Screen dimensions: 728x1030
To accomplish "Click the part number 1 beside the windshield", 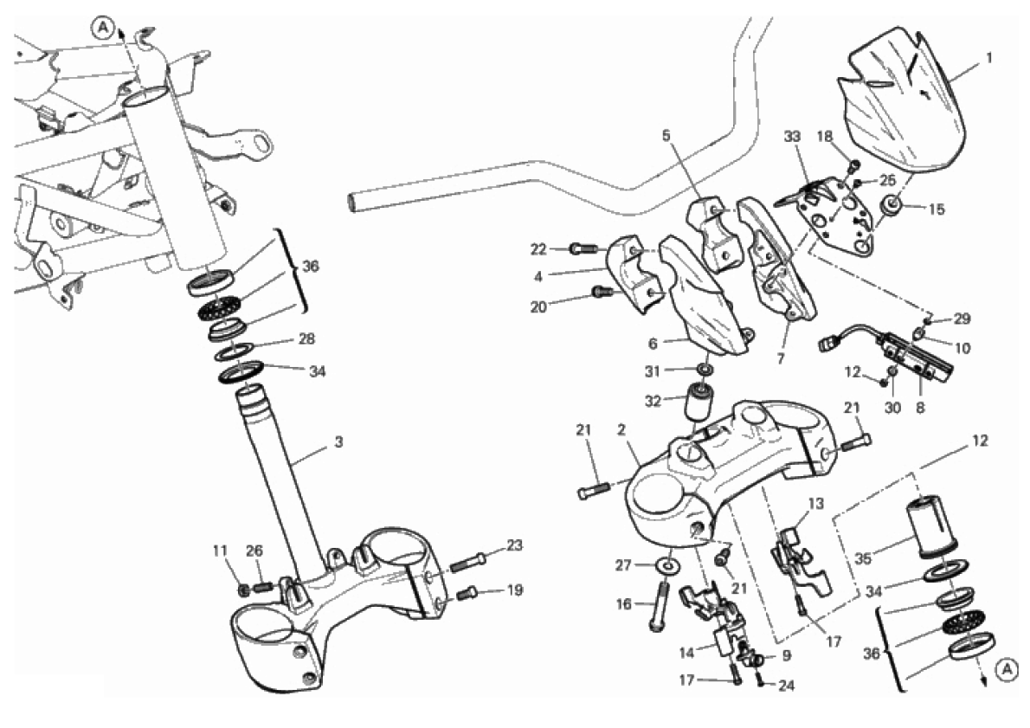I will click(988, 60).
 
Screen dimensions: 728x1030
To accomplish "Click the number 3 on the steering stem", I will click(338, 441).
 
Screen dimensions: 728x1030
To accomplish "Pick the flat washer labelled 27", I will click(668, 565).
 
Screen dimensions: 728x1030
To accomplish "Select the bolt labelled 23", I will click(467, 560).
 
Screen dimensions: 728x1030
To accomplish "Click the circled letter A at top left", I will click(103, 29).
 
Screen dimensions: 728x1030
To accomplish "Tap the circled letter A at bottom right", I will click(1004, 668).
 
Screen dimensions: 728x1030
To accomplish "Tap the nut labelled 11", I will click(246, 589).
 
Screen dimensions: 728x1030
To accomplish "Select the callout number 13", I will click(817, 504).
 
